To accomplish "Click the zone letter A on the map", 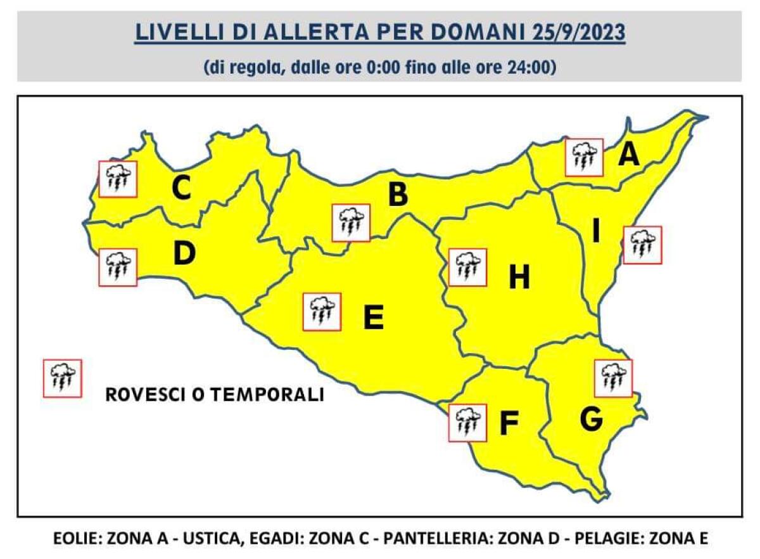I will point(628,154).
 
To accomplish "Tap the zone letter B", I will point(398,195).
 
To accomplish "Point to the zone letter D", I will point(184,254).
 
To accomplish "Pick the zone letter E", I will point(374,318).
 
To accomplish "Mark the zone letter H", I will point(519,278).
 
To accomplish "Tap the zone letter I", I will point(595,232).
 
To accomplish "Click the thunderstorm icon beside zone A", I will point(584,157).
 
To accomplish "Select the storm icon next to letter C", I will point(118,179).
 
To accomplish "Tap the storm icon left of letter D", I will point(118,267).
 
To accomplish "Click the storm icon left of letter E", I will point(322,312).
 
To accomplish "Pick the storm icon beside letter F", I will point(467,423).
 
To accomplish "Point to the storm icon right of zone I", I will point(642,245).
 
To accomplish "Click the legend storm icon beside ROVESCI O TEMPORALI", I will point(62,378).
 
